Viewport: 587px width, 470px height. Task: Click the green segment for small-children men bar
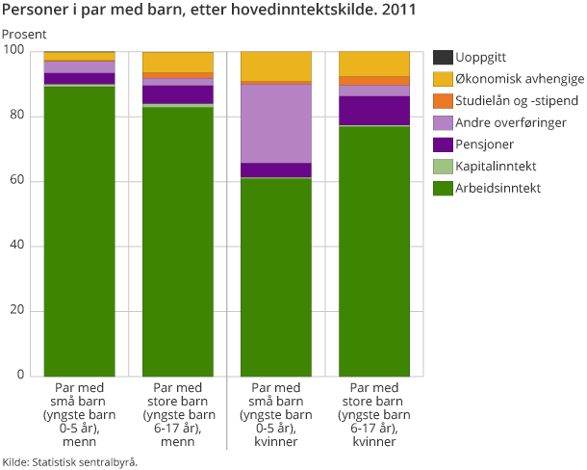click(79, 231)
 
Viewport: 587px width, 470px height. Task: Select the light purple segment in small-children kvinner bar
click(275, 123)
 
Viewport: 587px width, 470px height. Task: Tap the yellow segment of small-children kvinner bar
click(275, 66)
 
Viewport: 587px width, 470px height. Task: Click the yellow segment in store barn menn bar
click(177, 62)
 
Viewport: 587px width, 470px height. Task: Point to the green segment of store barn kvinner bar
click(374, 250)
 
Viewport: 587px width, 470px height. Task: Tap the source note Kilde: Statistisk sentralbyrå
click(70, 461)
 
